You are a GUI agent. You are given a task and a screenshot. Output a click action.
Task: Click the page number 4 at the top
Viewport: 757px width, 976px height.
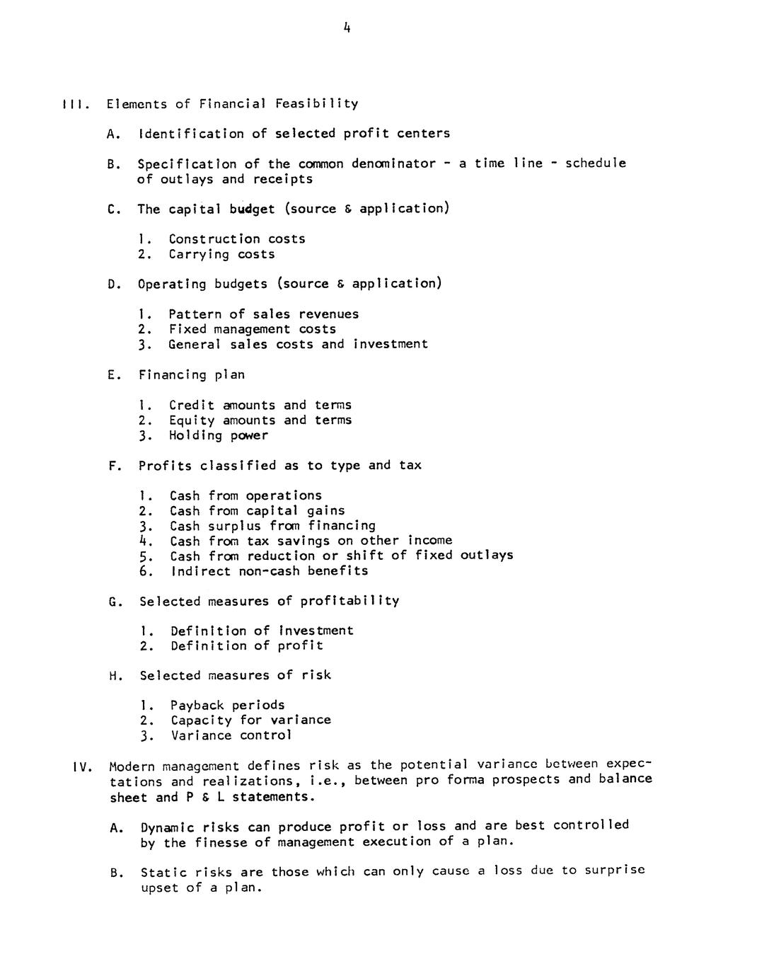(346, 28)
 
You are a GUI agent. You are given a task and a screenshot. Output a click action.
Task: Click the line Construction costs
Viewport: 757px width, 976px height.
(237, 239)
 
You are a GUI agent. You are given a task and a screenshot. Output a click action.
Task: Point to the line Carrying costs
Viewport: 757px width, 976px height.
(221, 254)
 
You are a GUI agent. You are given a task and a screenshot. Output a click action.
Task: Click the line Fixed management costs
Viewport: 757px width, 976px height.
(253, 329)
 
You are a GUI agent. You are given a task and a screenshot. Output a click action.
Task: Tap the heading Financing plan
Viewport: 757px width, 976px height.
(192, 375)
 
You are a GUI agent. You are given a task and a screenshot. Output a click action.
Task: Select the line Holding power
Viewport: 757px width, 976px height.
(219, 435)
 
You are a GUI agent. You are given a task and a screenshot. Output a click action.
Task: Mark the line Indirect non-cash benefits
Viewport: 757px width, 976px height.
(270, 571)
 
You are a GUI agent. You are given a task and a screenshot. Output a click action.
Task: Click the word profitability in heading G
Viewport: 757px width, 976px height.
(349, 601)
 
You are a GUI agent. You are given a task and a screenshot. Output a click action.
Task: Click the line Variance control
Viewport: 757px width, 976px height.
(231, 735)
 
